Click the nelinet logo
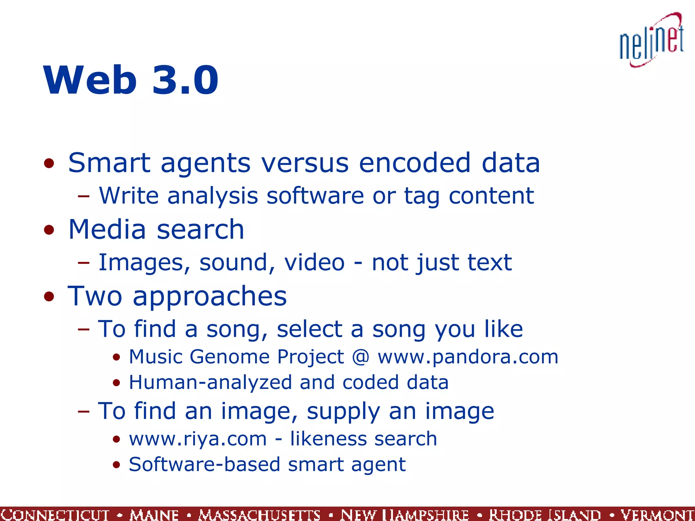(652, 41)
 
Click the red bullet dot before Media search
(49, 230)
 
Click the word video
(314, 263)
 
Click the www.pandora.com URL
(468, 357)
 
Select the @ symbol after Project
(361, 357)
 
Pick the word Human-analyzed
(210, 383)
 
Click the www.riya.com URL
(198, 439)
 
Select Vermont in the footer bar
(657, 515)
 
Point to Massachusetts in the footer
(259, 515)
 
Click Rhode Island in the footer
(545, 515)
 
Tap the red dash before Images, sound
(83, 263)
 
